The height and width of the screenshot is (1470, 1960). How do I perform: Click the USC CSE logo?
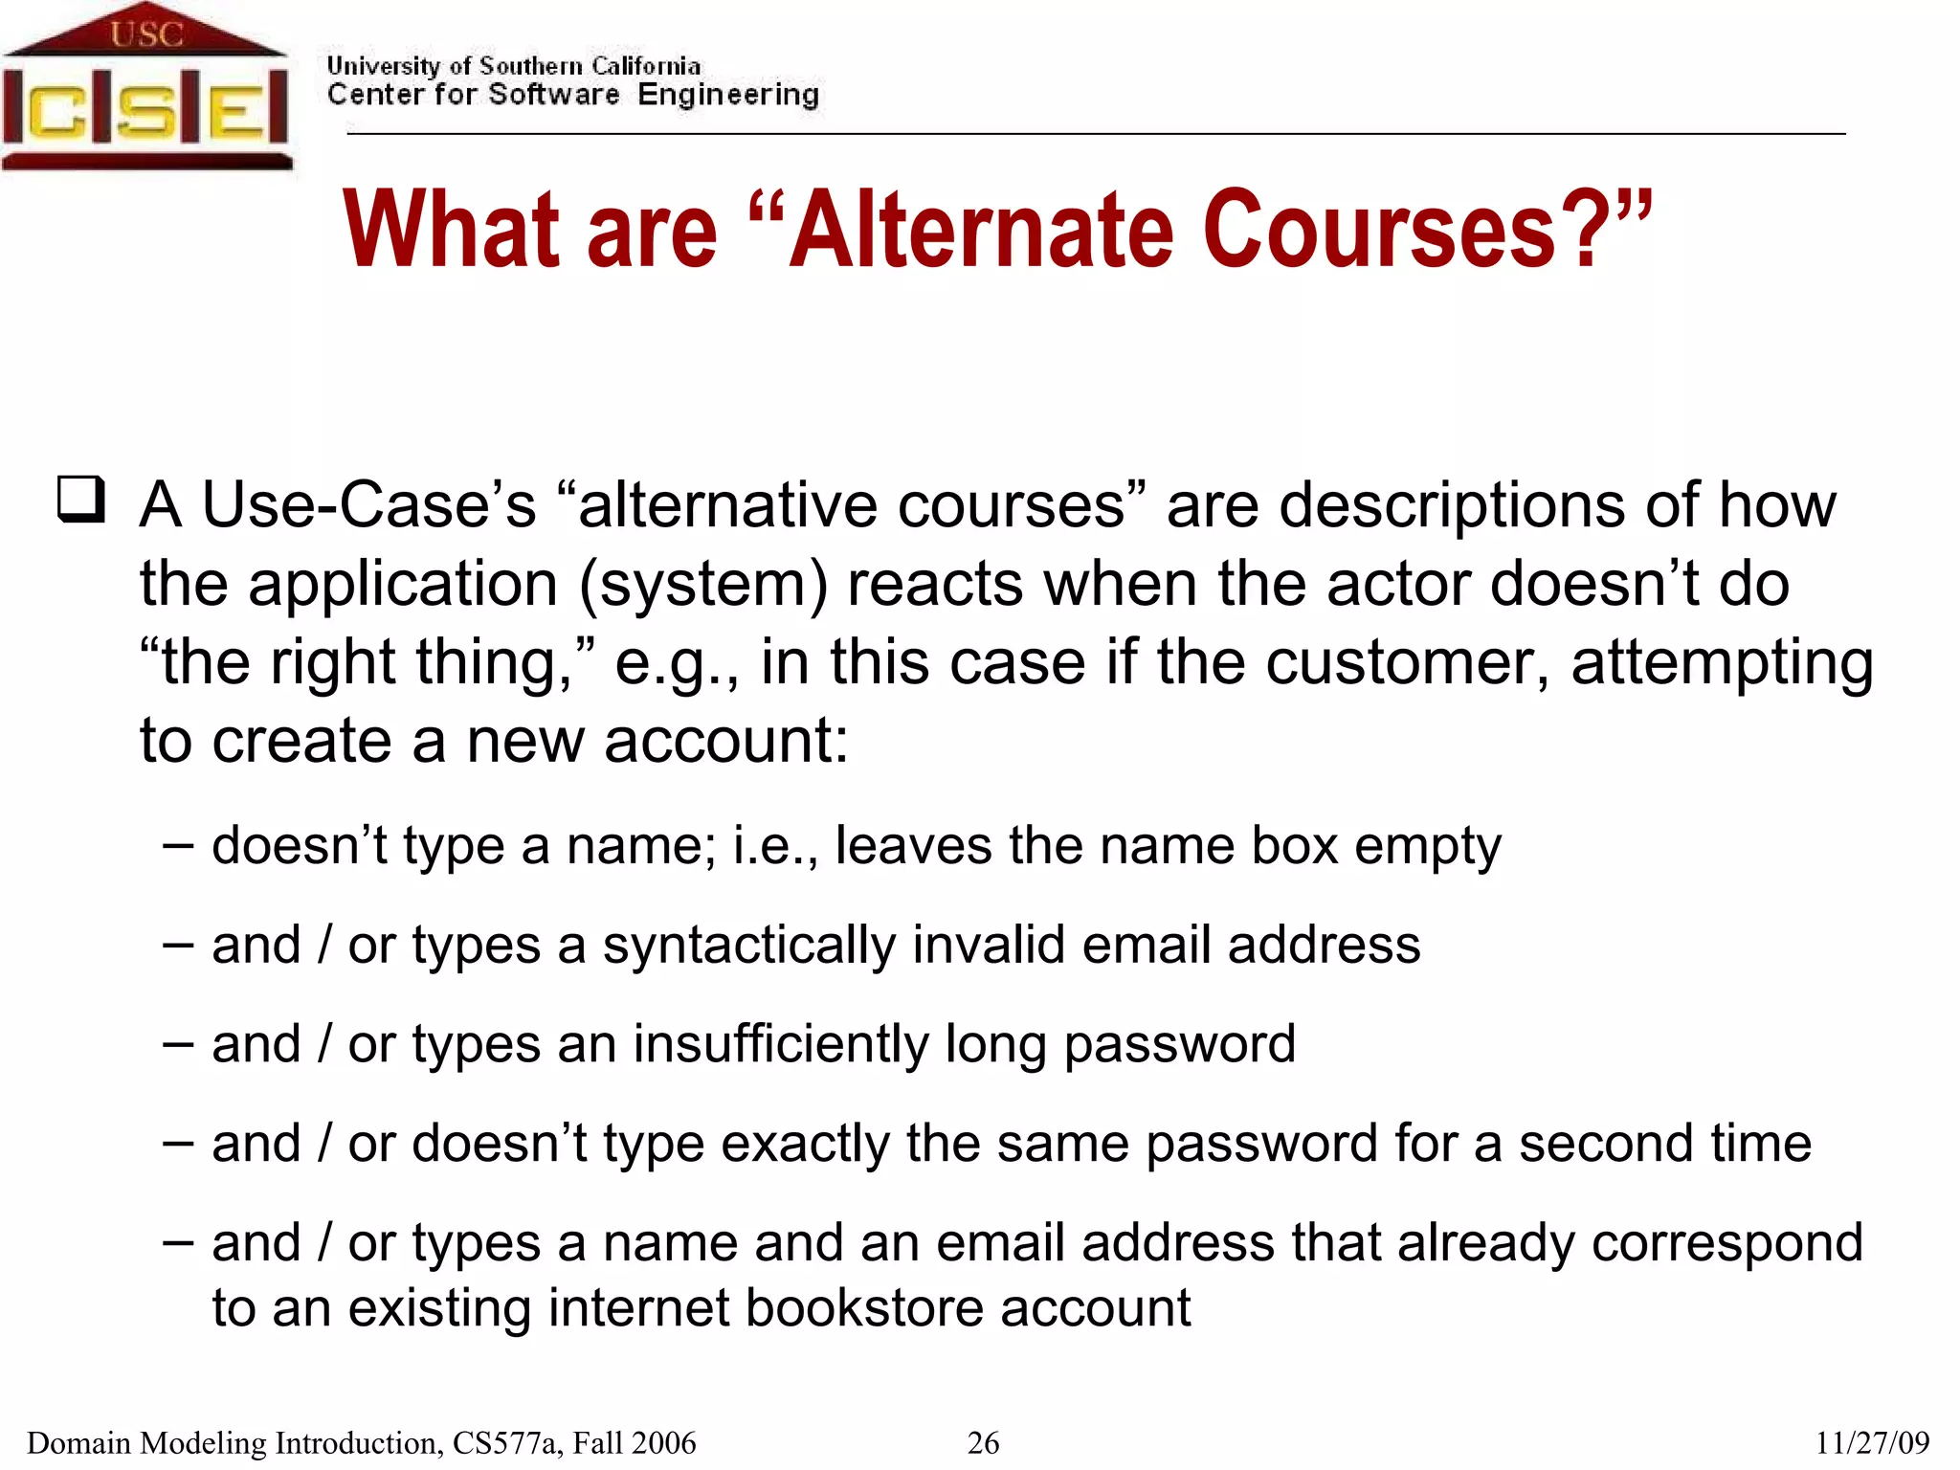[145, 88]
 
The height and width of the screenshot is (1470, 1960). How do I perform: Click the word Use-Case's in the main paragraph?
[369, 505]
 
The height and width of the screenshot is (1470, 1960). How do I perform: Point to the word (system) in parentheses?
[703, 584]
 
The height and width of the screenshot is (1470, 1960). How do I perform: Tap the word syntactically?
[748, 946]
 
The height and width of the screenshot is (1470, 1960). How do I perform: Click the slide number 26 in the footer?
[983, 1442]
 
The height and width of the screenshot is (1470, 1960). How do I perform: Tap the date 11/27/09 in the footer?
[1872, 1442]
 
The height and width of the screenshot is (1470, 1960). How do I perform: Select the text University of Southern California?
[514, 66]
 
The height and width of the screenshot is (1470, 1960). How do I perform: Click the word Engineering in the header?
[728, 95]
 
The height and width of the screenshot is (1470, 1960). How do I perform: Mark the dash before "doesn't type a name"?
[178, 846]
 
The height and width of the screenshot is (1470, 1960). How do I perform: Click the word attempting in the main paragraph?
[1722, 662]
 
